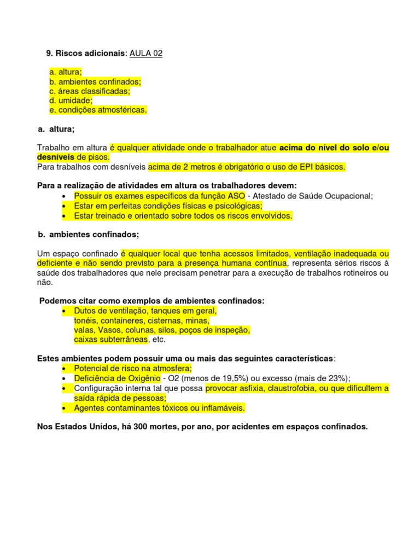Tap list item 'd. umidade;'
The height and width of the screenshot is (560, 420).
click(x=71, y=101)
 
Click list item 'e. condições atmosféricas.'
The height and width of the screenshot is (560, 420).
click(x=98, y=110)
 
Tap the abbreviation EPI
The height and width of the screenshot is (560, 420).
click(x=306, y=167)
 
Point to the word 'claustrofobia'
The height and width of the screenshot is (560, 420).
click(x=287, y=388)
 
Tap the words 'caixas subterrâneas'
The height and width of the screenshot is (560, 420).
click(x=110, y=340)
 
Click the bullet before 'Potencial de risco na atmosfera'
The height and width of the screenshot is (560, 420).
click(x=65, y=369)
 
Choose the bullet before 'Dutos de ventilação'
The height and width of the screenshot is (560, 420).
click(x=65, y=311)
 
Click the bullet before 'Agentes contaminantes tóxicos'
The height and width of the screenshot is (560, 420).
click(x=65, y=408)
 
